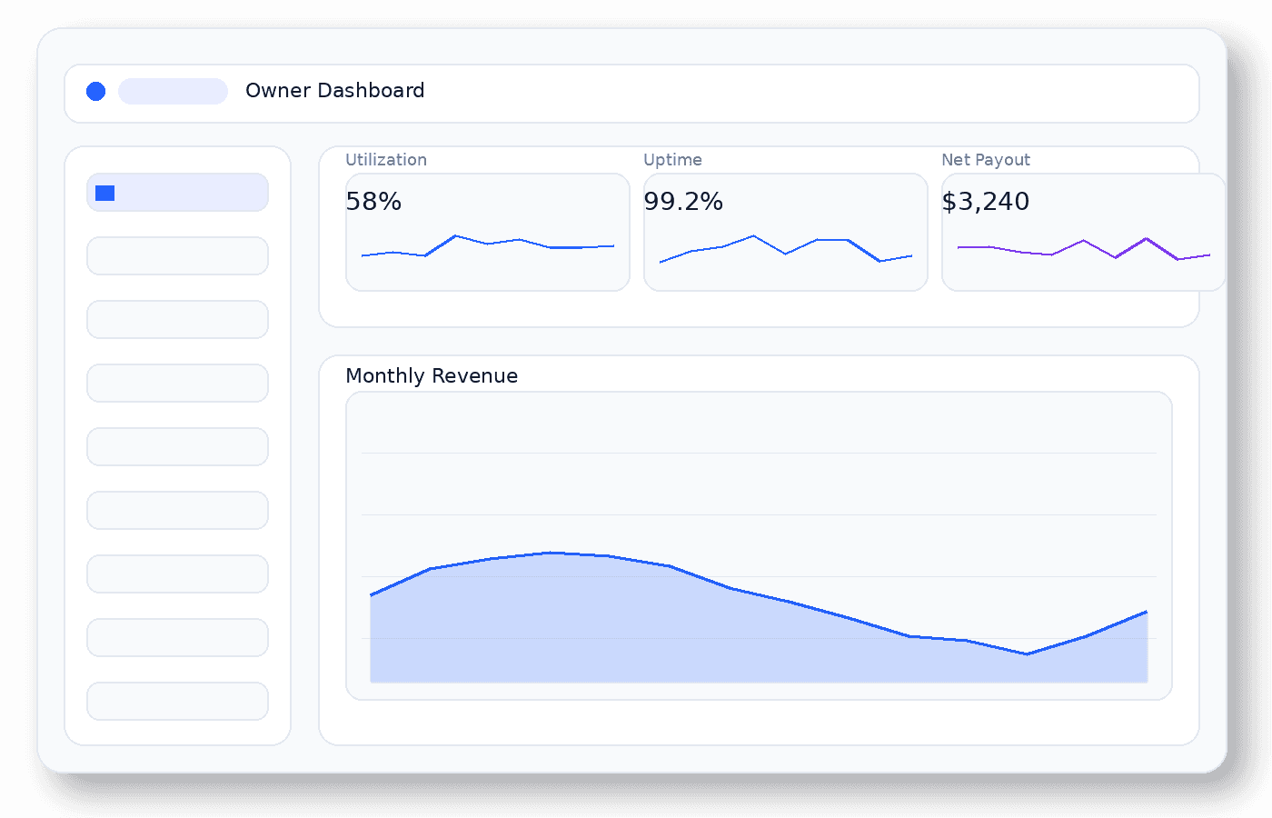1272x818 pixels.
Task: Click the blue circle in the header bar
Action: click(x=95, y=91)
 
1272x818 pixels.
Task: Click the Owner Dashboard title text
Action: click(x=334, y=91)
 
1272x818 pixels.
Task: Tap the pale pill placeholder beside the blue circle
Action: click(x=173, y=91)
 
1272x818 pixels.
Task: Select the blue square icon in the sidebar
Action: click(x=104, y=193)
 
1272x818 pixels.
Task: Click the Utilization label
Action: click(x=385, y=160)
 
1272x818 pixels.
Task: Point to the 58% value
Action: click(x=373, y=202)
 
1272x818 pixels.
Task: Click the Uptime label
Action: click(x=672, y=160)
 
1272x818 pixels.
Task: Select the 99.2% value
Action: click(x=682, y=202)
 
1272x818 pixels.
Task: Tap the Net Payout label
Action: click(x=985, y=160)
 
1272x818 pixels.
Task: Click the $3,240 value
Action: click(x=985, y=202)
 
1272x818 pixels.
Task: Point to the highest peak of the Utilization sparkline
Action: click(x=455, y=236)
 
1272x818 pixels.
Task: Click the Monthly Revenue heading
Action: click(x=432, y=376)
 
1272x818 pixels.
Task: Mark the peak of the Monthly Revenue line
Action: click(x=551, y=553)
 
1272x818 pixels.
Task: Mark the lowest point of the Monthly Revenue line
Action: click(x=1027, y=653)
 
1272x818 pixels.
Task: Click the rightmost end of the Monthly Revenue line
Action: click(x=1147, y=612)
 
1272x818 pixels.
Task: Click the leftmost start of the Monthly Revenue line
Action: click(x=371, y=595)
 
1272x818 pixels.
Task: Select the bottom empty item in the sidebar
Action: click(x=177, y=701)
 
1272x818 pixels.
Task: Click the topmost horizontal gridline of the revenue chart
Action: click(x=759, y=453)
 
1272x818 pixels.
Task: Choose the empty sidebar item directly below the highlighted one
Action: click(x=177, y=255)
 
